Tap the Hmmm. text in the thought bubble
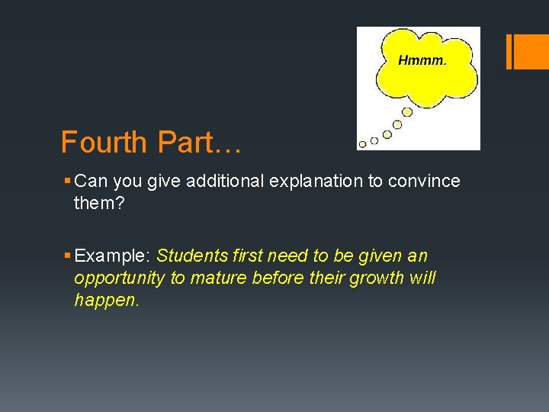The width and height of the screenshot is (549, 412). click(x=422, y=60)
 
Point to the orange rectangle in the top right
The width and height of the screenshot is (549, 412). click(x=528, y=51)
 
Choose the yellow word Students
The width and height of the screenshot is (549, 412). click(x=190, y=255)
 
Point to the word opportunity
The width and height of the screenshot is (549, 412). click(x=119, y=278)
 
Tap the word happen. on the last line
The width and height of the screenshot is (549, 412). click(x=107, y=300)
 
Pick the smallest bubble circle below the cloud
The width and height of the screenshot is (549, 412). click(x=363, y=143)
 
